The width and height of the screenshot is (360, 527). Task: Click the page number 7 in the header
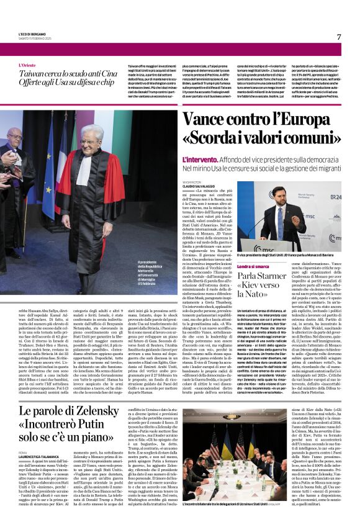click(339, 37)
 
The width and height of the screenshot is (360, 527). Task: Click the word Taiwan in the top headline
click(34, 73)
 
